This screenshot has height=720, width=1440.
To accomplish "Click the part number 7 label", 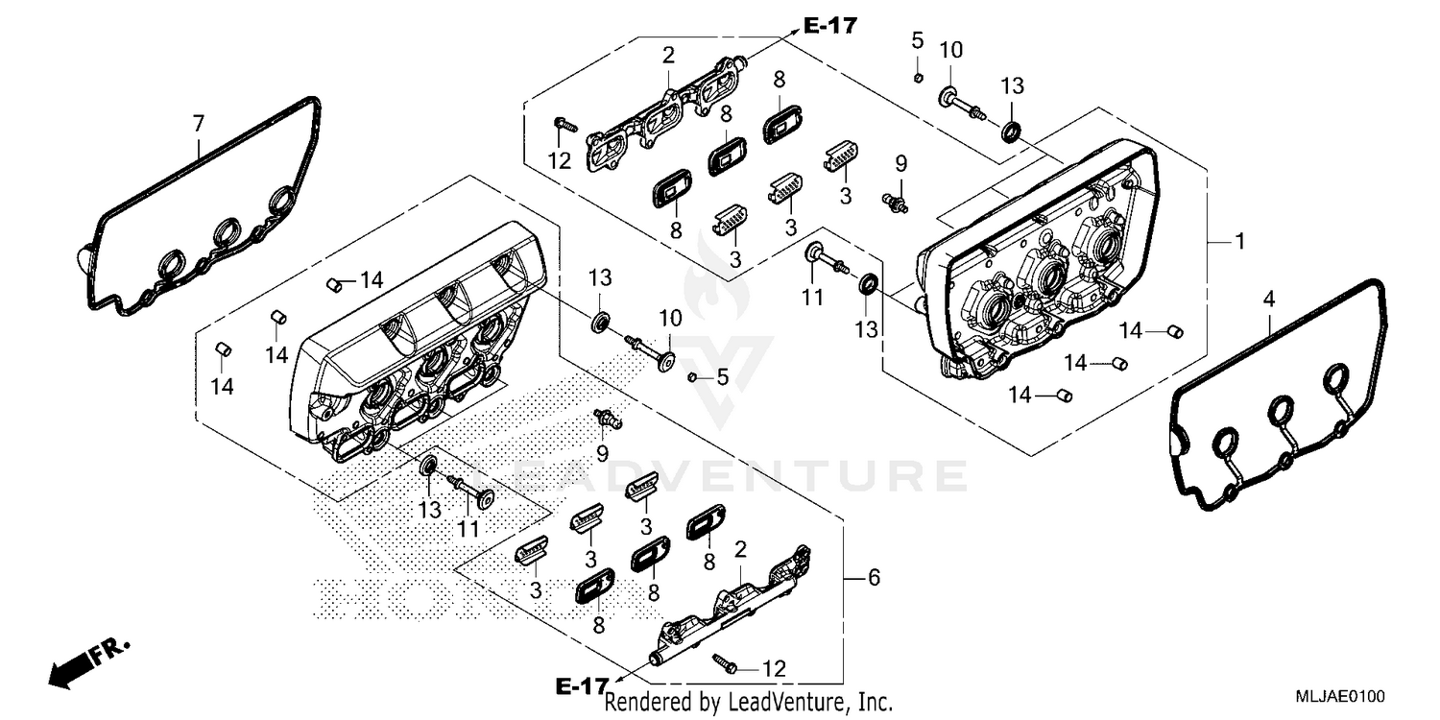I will click(199, 124).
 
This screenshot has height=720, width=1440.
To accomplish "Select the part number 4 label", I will click(1269, 300).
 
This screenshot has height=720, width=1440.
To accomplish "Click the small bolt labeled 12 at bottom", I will click(723, 662).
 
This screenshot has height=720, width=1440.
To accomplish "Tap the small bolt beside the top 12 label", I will click(564, 124).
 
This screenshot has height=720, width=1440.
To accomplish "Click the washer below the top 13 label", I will click(1012, 131).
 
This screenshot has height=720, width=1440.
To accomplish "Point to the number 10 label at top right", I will click(950, 50).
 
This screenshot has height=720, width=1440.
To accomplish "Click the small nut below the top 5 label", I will click(918, 77).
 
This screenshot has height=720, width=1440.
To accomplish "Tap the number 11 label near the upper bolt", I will click(813, 299).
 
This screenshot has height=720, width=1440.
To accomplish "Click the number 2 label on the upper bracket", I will click(667, 57).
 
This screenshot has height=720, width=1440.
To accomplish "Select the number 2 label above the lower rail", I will click(739, 550).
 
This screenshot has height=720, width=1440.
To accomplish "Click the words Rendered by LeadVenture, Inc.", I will click(749, 703).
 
